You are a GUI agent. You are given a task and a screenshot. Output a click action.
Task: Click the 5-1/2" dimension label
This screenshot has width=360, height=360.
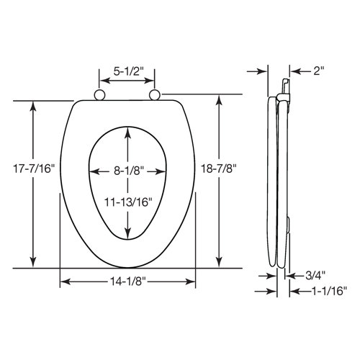click(x=126, y=73)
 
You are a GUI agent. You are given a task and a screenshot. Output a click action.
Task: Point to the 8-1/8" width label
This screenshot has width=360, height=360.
click(x=128, y=171)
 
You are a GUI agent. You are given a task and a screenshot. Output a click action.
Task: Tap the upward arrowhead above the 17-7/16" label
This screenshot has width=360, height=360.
click(x=32, y=106)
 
